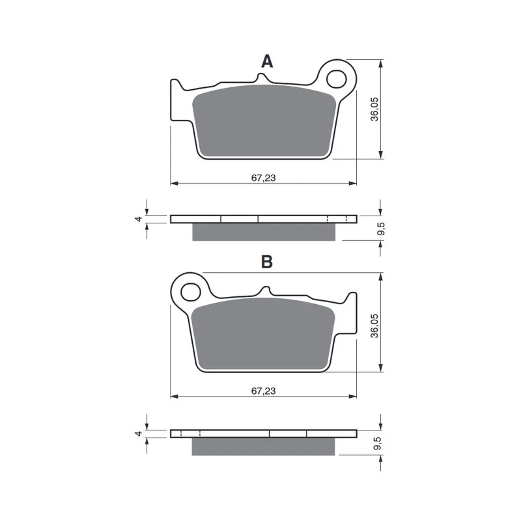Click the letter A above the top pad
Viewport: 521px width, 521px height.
click(x=267, y=61)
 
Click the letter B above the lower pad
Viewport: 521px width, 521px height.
click(x=267, y=262)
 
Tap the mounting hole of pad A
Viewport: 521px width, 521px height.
click(x=336, y=79)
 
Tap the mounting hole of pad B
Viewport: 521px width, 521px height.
click(x=191, y=292)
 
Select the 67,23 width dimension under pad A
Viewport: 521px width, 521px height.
click(x=264, y=178)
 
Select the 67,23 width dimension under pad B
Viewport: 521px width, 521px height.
click(x=264, y=391)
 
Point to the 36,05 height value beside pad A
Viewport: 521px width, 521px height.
click(x=374, y=109)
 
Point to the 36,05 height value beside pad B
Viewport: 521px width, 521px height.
click(x=374, y=326)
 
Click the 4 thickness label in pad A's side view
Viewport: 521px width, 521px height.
click(x=138, y=219)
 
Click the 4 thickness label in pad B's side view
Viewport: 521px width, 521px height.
click(x=138, y=434)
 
